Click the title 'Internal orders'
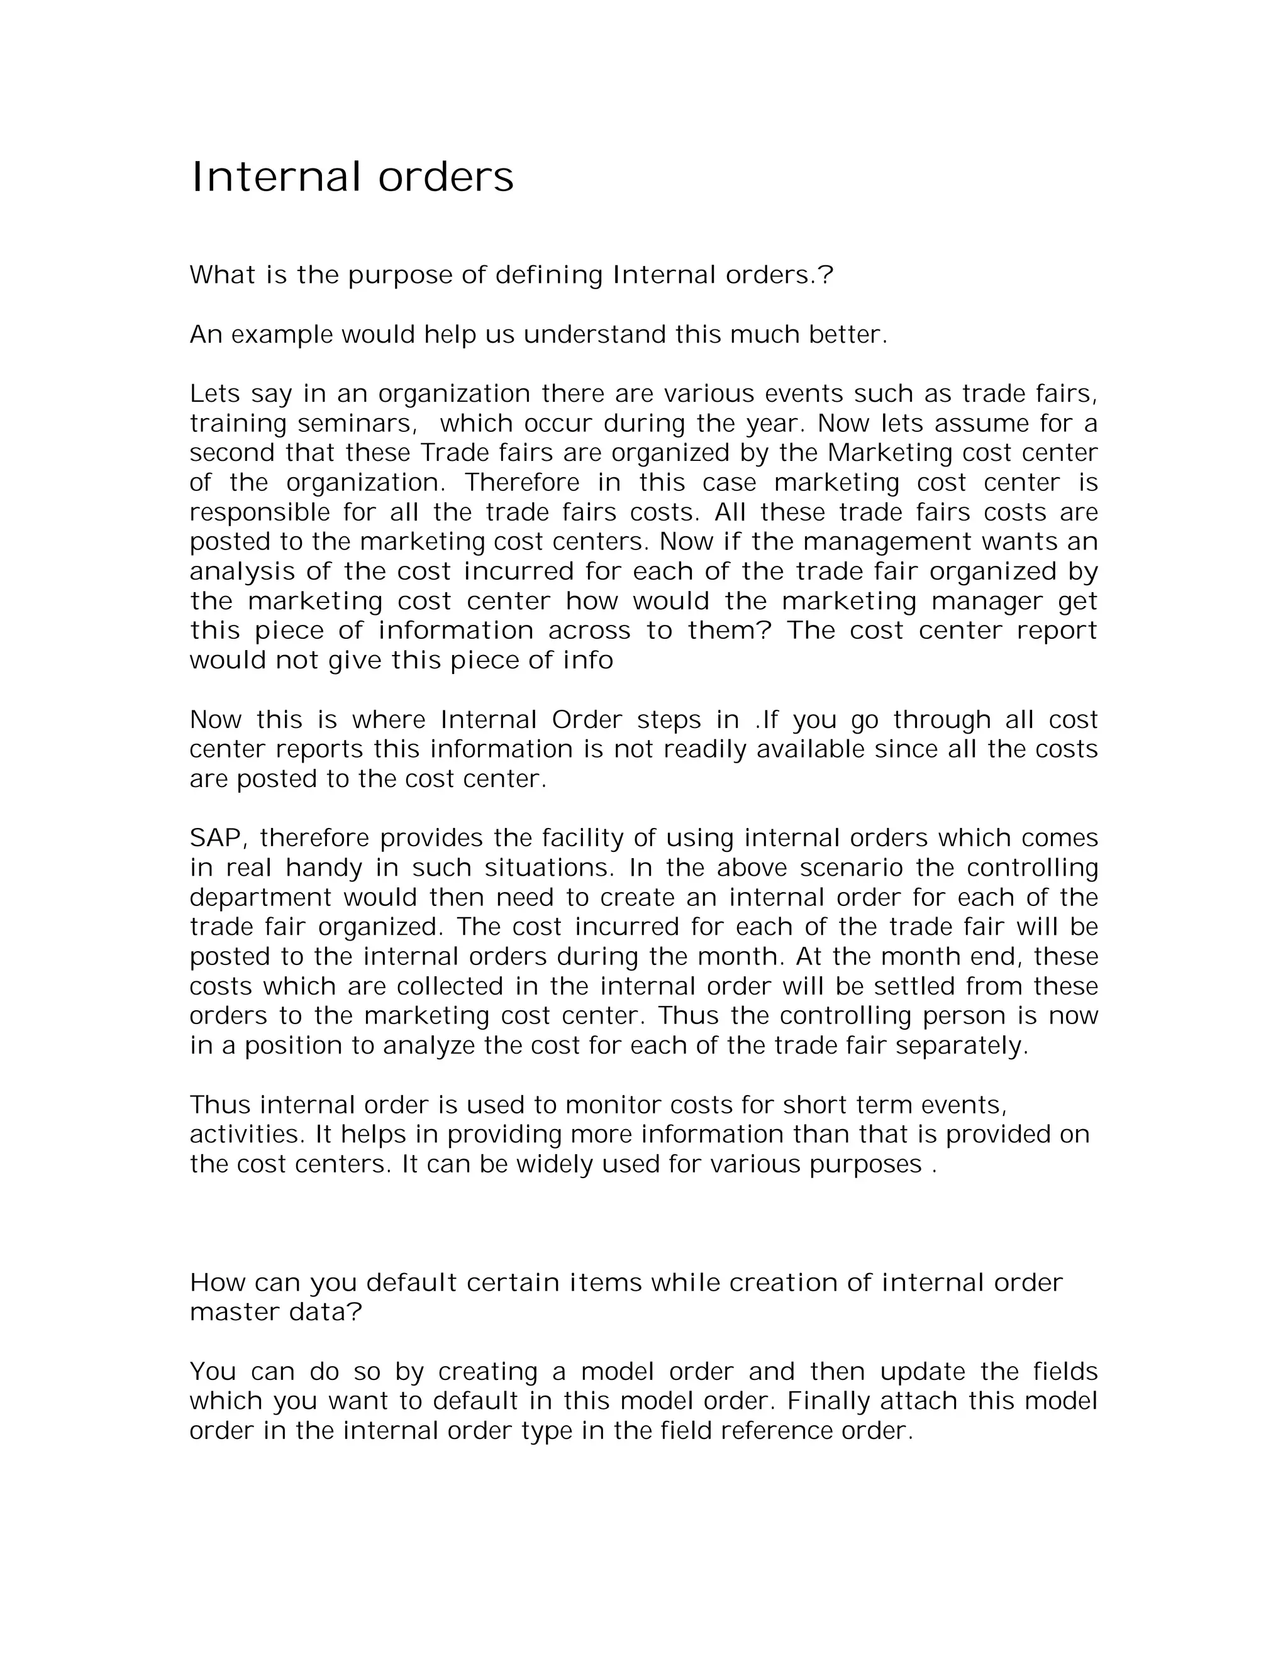pos(352,177)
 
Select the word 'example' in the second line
pos(282,335)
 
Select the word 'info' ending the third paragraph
pos(587,661)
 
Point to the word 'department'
pos(260,898)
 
